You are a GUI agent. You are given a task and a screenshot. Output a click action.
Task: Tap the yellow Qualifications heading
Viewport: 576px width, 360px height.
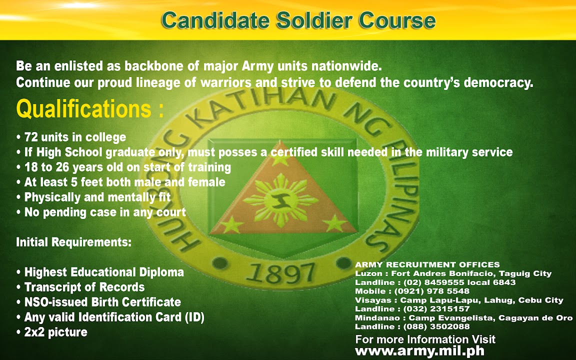click(90, 109)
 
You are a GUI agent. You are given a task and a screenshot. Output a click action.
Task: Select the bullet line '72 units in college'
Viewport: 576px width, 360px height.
click(71, 137)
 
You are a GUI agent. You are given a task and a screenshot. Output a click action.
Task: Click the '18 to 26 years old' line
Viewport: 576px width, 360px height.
click(124, 167)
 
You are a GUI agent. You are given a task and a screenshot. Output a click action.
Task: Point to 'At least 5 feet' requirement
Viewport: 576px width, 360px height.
click(121, 182)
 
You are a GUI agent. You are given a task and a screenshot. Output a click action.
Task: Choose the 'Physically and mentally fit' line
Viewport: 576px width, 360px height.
click(93, 197)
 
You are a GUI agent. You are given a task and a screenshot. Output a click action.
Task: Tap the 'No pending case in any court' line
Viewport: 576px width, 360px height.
click(101, 212)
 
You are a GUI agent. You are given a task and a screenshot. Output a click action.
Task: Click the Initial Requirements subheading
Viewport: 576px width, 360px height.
click(73, 242)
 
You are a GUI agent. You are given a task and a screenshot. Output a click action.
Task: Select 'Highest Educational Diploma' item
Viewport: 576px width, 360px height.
click(100, 272)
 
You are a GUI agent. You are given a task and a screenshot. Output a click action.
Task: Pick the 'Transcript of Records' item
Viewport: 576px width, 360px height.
click(80, 287)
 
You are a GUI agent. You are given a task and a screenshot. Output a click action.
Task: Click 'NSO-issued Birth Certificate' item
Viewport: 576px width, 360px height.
click(99, 302)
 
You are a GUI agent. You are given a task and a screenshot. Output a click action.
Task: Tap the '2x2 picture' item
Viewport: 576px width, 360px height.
click(52, 332)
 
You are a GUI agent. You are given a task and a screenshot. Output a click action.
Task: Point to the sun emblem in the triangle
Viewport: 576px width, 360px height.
click(280, 200)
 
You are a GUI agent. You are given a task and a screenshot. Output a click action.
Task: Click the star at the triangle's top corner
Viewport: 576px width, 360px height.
click(280, 157)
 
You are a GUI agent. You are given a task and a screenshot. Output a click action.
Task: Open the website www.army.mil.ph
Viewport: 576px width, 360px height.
click(420, 351)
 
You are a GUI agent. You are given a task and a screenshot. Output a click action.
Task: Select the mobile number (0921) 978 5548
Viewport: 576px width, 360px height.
click(432, 291)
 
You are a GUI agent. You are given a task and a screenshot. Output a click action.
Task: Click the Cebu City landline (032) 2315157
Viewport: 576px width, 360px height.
click(436, 309)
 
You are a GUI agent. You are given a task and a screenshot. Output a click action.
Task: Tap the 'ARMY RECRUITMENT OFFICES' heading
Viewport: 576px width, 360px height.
click(427, 264)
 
